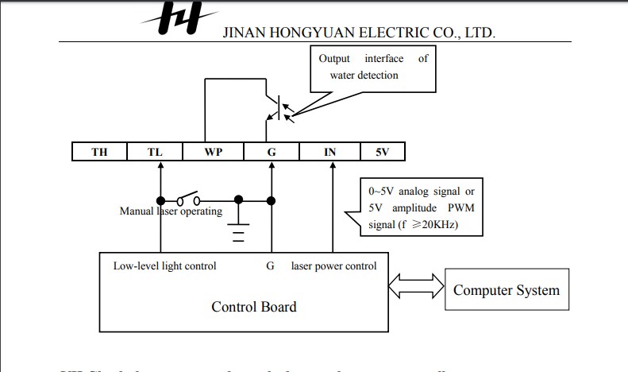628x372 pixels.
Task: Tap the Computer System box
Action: tap(507, 290)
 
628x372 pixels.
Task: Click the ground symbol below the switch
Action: tap(237, 231)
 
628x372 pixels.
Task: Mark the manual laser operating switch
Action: tap(189, 198)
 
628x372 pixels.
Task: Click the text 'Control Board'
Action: tap(254, 307)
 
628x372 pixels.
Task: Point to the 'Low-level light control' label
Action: tap(164, 265)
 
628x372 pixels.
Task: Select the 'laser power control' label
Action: tap(334, 265)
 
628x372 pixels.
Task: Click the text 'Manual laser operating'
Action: tap(171, 212)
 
